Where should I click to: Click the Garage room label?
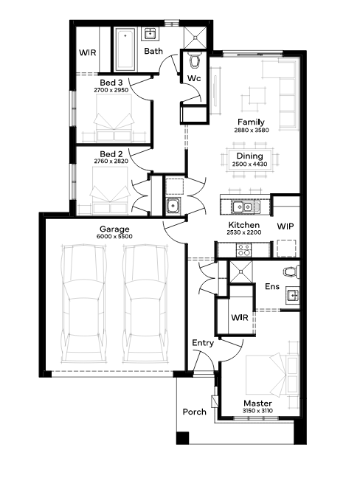114,229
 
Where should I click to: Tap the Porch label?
195,412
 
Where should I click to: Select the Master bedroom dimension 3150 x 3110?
257,411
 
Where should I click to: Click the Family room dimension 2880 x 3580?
252,130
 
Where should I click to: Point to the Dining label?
249,156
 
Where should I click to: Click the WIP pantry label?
285,226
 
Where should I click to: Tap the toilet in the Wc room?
194,60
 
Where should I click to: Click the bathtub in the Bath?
125,49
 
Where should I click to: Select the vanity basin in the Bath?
150,33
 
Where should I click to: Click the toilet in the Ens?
291,272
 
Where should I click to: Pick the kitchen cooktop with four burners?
243,249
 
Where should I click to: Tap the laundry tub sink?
173,205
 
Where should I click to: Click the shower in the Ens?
241,271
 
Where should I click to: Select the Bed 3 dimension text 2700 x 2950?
111,90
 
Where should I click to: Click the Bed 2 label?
111,154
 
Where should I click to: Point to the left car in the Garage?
84,304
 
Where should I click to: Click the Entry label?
203,343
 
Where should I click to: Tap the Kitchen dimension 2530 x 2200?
244,232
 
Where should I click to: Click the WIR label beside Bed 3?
88,52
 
